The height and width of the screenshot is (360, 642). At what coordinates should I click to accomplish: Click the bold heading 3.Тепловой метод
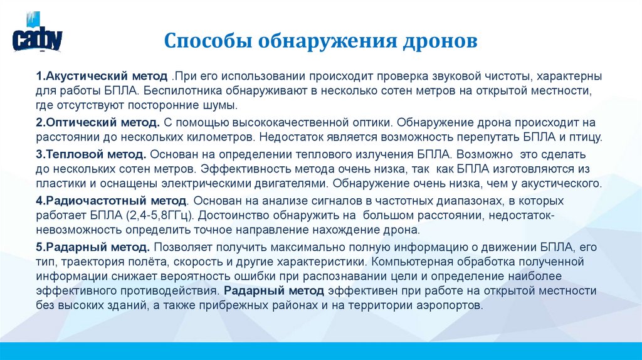[x=92, y=154]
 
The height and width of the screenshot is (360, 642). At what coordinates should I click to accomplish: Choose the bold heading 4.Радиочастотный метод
[x=111, y=201]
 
